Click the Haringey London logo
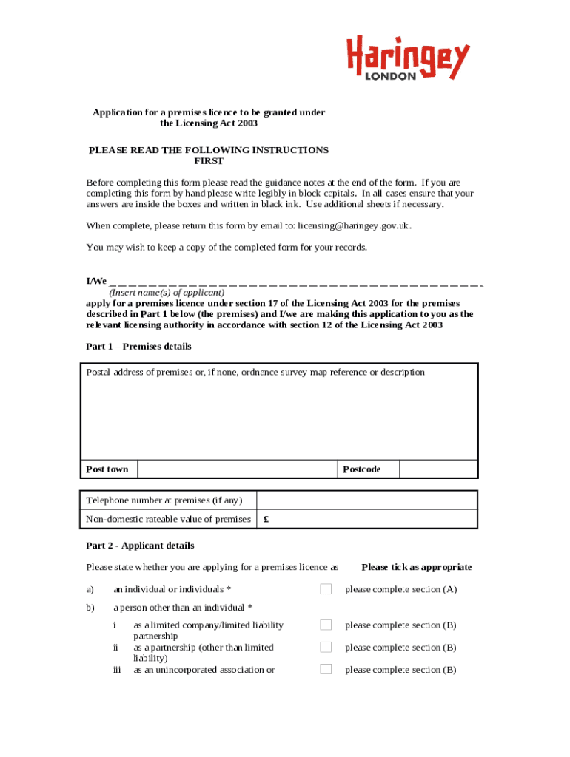pyautogui.click(x=408, y=58)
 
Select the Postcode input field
pyautogui.click(x=438, y=469)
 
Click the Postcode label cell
pyautogui.click(x=369, y=469)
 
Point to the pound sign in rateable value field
pyautogui.click(x=266, y=520)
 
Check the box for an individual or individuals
pyautogui.click(x=326, y=589)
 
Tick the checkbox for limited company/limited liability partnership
pyautogui.click(x=326, y=625)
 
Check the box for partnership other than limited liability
pyautogui.click(x=326, y=647)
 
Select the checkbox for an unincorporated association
pyautogui.click(x=326, y=669)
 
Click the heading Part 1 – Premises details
pyautogui.click(x=138, y=347)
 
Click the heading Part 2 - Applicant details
pyautogui.click(x=140, y=546)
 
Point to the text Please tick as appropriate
pyautogui.click(x=416, y=567)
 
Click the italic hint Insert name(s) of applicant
pyautogui.click(x=167, y=292)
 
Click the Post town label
pyautogui.click(x=107, y=469)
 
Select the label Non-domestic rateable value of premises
pyautogui.click(x=168, y=520)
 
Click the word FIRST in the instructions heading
pyautogui.click(x=209, y=161)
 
